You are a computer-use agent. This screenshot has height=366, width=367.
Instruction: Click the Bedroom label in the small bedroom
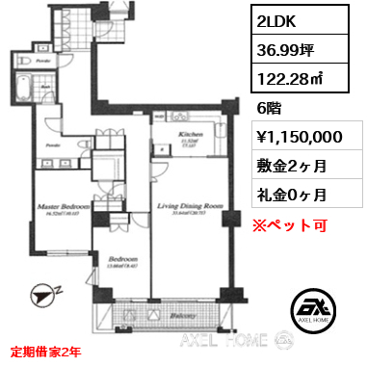[123, 259]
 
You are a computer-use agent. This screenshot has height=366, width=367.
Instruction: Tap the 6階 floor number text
[270, 109]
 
